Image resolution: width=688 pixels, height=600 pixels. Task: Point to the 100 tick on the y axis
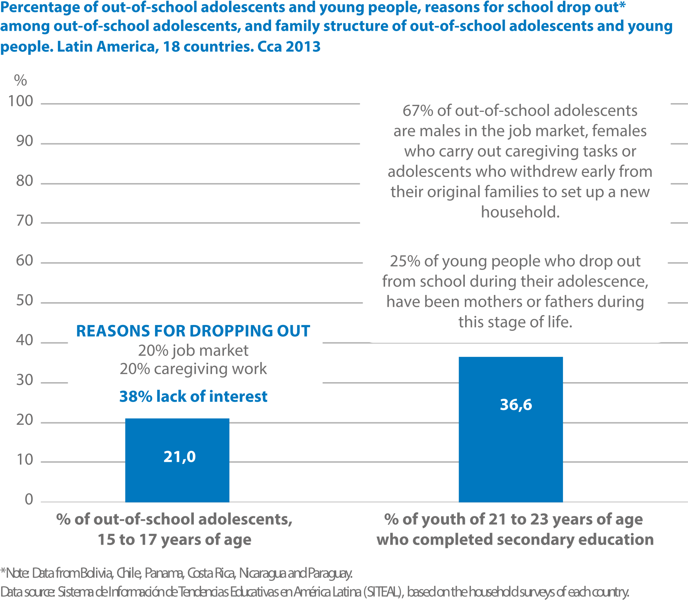(20, 101)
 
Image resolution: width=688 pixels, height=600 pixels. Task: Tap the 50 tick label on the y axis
(24, 301)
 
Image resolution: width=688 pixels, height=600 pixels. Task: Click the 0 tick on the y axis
(29, 500)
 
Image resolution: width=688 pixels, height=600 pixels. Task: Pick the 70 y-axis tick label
(24, 221)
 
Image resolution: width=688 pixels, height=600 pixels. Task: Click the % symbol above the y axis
(20, 80)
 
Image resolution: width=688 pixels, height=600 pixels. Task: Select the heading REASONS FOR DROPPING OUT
(193, 331)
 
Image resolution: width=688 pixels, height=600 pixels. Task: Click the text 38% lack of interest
(193, 397)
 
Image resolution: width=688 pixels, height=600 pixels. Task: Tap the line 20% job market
(193, 350)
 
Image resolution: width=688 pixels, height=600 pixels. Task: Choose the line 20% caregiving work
(193, 369)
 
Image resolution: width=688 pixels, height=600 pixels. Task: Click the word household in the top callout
(520, 212)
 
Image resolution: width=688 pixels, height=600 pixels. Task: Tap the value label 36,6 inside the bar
(516, 405)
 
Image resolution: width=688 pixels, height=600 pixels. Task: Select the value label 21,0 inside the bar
(179, 457)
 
